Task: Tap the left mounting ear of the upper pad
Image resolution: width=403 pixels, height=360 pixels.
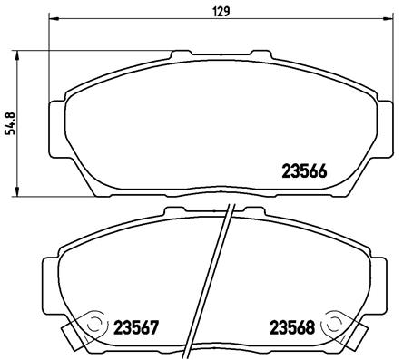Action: (x=57, y=118)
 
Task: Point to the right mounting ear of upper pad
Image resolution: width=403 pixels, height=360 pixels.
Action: (x=386, y=118)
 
